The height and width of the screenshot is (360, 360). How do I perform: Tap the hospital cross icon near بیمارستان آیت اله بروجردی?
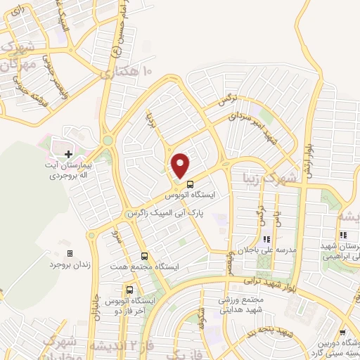tap(68, 153)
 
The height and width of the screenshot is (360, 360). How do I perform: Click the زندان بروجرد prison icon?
tap(69, 253)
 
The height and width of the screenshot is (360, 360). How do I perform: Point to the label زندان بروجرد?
tap(67, 265)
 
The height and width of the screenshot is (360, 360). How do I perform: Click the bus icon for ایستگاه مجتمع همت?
tap(144, 256)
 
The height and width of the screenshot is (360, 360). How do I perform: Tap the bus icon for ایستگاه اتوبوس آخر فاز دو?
tap(129, 290)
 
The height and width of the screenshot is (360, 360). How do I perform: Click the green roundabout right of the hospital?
tap(108, 141)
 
